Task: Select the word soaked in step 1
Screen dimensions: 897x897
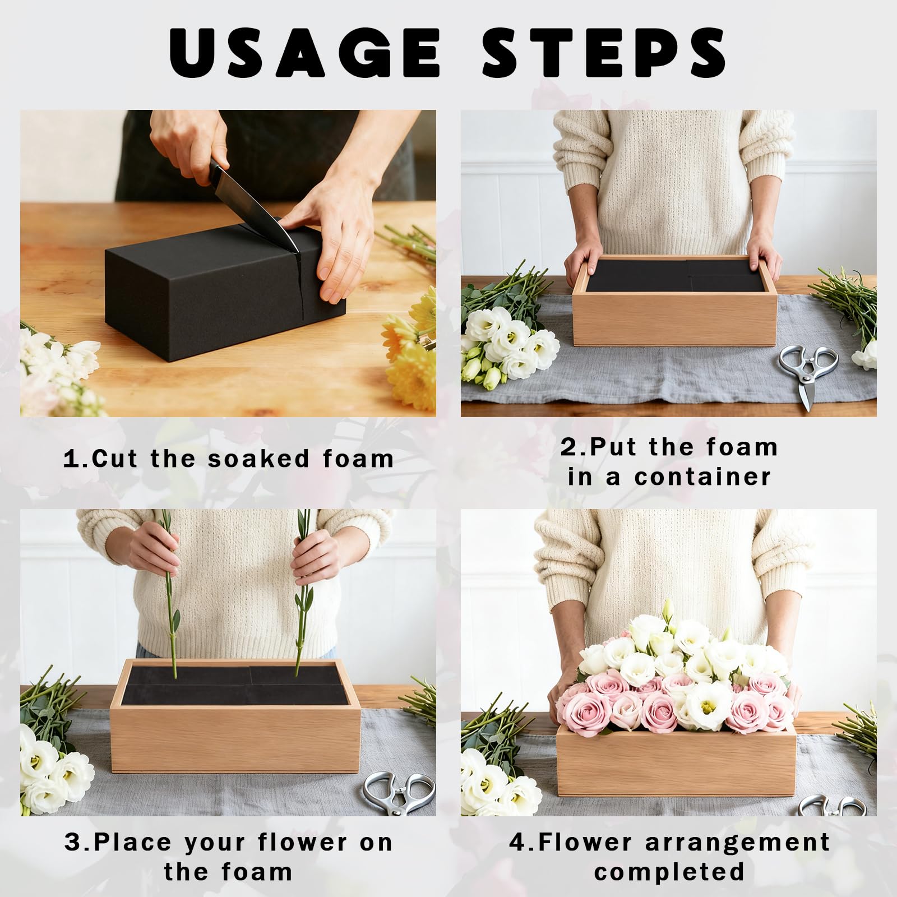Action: tap(259, 459)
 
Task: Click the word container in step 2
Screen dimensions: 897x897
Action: tap(703, 477)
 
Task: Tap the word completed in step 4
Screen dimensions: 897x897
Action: tap(669, 872)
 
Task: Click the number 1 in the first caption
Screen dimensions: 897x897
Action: tap(71, 459)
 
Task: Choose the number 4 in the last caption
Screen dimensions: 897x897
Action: tap(517, 843)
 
